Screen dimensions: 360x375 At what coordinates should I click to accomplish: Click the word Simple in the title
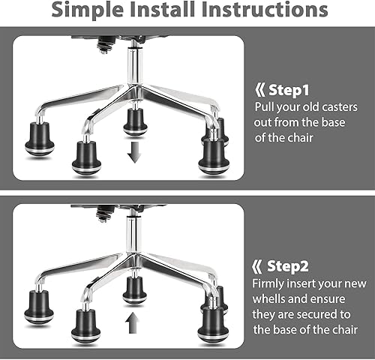tap(97, 10)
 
